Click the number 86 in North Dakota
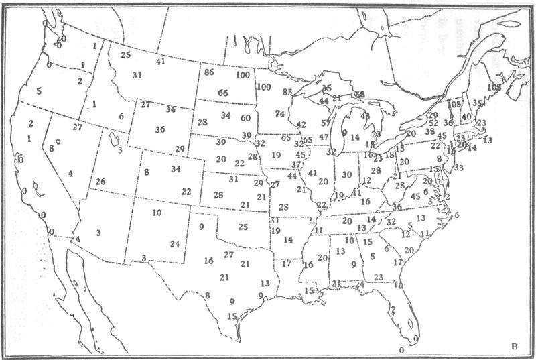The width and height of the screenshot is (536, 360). [x=209, y=72]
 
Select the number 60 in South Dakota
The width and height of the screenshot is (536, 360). [x=246, y=118]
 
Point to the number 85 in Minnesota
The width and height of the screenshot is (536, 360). [x=288, y=92]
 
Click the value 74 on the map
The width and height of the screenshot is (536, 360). [x=279, y=115]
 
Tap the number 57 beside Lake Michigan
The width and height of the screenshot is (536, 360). [x=326, y=123]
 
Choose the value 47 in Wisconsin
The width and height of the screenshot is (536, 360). [x=324, y=137]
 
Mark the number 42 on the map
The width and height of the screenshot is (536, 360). [x=301, y=125]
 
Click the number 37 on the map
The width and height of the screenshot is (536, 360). [x=296, y=165]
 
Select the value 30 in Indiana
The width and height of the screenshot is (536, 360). [x=346, y=175]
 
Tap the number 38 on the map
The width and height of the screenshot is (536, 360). [x=429, y=131]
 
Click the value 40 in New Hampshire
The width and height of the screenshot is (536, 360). [x=466, y=118]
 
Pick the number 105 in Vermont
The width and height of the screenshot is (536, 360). [x=454, y=105]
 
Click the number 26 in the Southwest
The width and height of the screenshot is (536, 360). [x=100, y=182]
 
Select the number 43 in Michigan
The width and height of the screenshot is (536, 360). [x=365, y=116]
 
